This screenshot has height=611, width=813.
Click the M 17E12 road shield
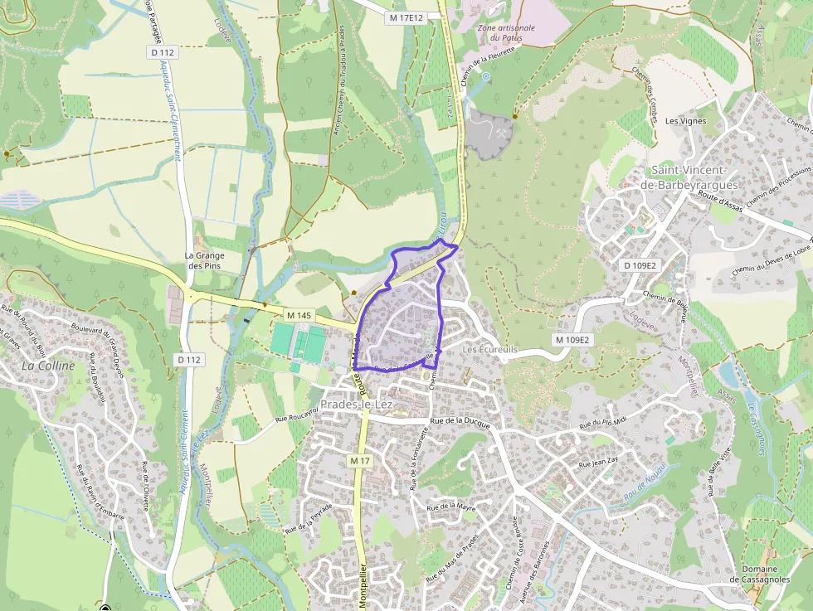pyautogui.click(x=406, y=17)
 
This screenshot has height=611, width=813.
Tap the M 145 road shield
pyautogui.click(x=299, y=316)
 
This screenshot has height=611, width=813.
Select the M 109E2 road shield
pyautogui.click(x=572, y=340)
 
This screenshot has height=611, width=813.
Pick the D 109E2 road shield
pyautogui.click(x=640, y=265)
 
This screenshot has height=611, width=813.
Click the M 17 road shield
pyautogui.click(x=359, y=460)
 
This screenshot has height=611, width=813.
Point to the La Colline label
pyautogui.click(x=48, y=365)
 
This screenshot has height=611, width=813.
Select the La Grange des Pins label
pyautogui.click(x=205, y=260)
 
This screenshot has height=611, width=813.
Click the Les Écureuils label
pyautogui.click(x=490, y=350)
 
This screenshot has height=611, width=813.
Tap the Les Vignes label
pyautogui.click(x=685, y=120)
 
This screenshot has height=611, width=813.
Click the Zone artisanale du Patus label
pyautogui.click(x=506, y=32)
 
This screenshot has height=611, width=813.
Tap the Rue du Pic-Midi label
pyautogui.click(x=601, y=423)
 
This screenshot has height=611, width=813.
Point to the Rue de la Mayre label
pyautogui.click(x=450, y=506)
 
